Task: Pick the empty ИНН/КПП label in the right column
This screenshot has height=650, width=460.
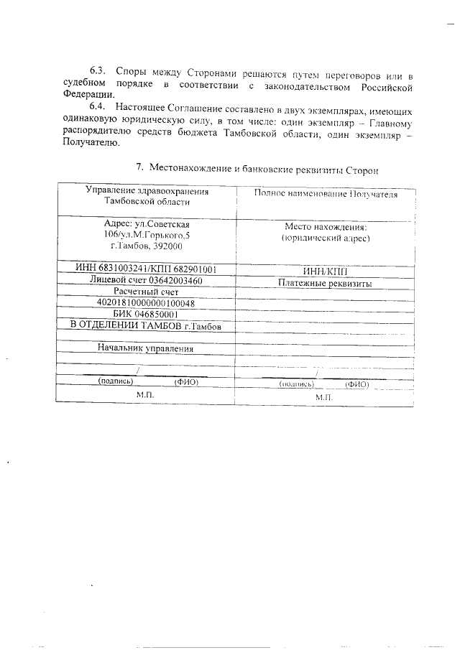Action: [325, 271]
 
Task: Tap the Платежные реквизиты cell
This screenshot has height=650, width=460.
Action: [325, 284]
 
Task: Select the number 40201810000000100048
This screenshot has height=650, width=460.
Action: [146, 302]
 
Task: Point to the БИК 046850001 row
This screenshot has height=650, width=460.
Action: [146, 314]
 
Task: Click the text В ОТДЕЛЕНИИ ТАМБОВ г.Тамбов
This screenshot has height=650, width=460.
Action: [146, 326]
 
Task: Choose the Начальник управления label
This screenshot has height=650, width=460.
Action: [146, 349]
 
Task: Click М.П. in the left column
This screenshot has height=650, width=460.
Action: [146, 395]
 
